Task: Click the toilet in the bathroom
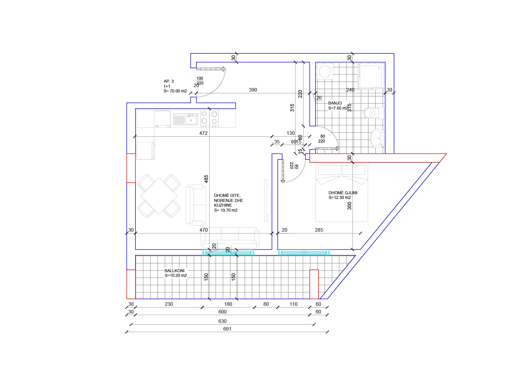pos(372,113)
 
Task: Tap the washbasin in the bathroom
pos(377,138)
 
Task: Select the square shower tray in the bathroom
pos(371,76)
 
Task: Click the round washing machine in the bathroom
pos(325,71)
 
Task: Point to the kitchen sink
pos(186,120)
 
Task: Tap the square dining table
pos(159,196)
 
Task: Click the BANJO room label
pos(335,103)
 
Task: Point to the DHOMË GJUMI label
pos(343,193)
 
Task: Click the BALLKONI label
pos(174,271)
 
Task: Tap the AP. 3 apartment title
pos(169,81)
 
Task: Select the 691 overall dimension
pos(227,329)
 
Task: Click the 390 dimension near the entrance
pos(253,90)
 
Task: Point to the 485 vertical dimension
pos(206,179)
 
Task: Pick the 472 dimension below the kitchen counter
pos(203,133)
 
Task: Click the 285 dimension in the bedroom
pos(319,230)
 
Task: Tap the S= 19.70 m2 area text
pos(226,210)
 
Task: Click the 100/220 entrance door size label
pos(200,81)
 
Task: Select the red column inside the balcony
pos(314,284)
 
